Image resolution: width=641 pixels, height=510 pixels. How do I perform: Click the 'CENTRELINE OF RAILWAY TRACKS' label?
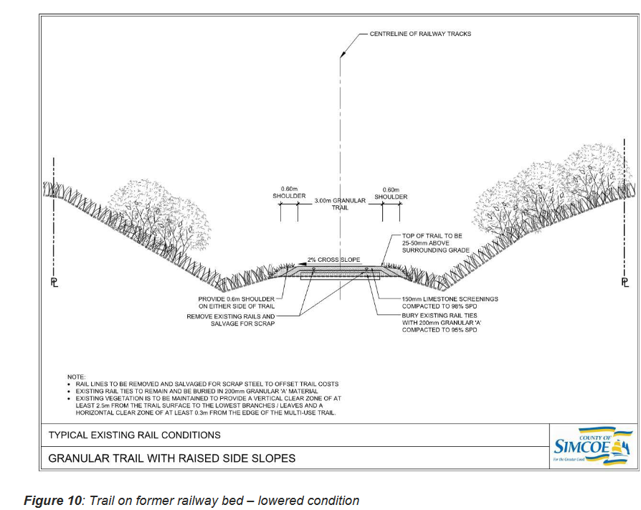pyautogui.click(x=420, y=34)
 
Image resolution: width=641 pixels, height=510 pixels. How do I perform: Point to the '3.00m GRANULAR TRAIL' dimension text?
pyautogui.click(x=340, y=204)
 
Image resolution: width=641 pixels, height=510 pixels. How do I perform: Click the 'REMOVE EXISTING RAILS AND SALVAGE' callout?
pyautogui.click(x=231, y=320)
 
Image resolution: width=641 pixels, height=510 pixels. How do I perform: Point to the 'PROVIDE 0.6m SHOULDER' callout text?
pyautogui.click(x=236, y=303)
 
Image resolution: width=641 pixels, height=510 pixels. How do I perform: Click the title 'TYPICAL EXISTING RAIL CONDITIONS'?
pyautogui.click(x=134, y=435)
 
